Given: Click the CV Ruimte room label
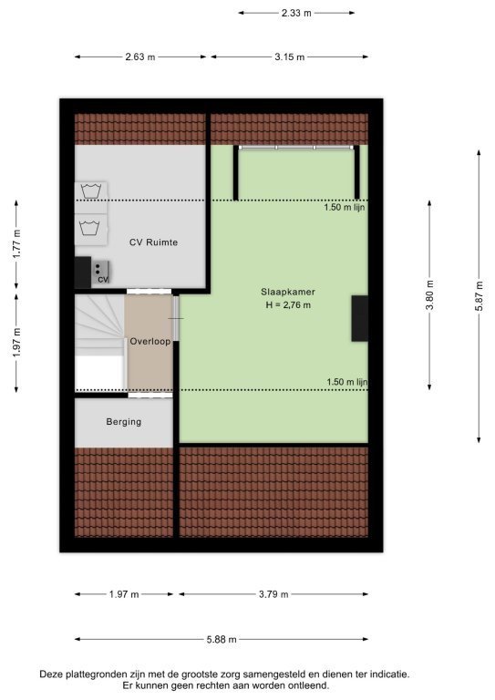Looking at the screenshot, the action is tap(153, 242).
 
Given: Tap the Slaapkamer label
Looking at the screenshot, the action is tap(288, 292).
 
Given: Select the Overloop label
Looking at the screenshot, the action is tap(150, 342).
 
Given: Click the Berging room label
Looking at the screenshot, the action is tap(124, 421).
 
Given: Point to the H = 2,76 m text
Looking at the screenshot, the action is tap(288, 305).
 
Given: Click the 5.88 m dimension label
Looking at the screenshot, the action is tap(222, 639).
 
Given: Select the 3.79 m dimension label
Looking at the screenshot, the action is tap(273, 594).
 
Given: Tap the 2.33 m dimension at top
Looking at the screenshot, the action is tap(296, 13).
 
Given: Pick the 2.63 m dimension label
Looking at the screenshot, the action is tap(140, 57).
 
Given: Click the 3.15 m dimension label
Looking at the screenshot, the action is tap(290, 57).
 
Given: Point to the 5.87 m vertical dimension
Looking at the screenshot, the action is tap(479, 296).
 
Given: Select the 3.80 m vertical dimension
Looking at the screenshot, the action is tap(429, 295).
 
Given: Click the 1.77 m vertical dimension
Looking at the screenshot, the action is tap(16, 243).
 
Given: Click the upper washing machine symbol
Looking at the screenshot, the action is tap(90, 190).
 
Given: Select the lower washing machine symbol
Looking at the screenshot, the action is tap(90, 228).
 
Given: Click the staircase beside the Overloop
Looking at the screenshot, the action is tap(99, 343).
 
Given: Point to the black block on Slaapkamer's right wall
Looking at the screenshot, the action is tap(360, 318).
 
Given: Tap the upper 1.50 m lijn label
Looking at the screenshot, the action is tap(345, 207).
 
